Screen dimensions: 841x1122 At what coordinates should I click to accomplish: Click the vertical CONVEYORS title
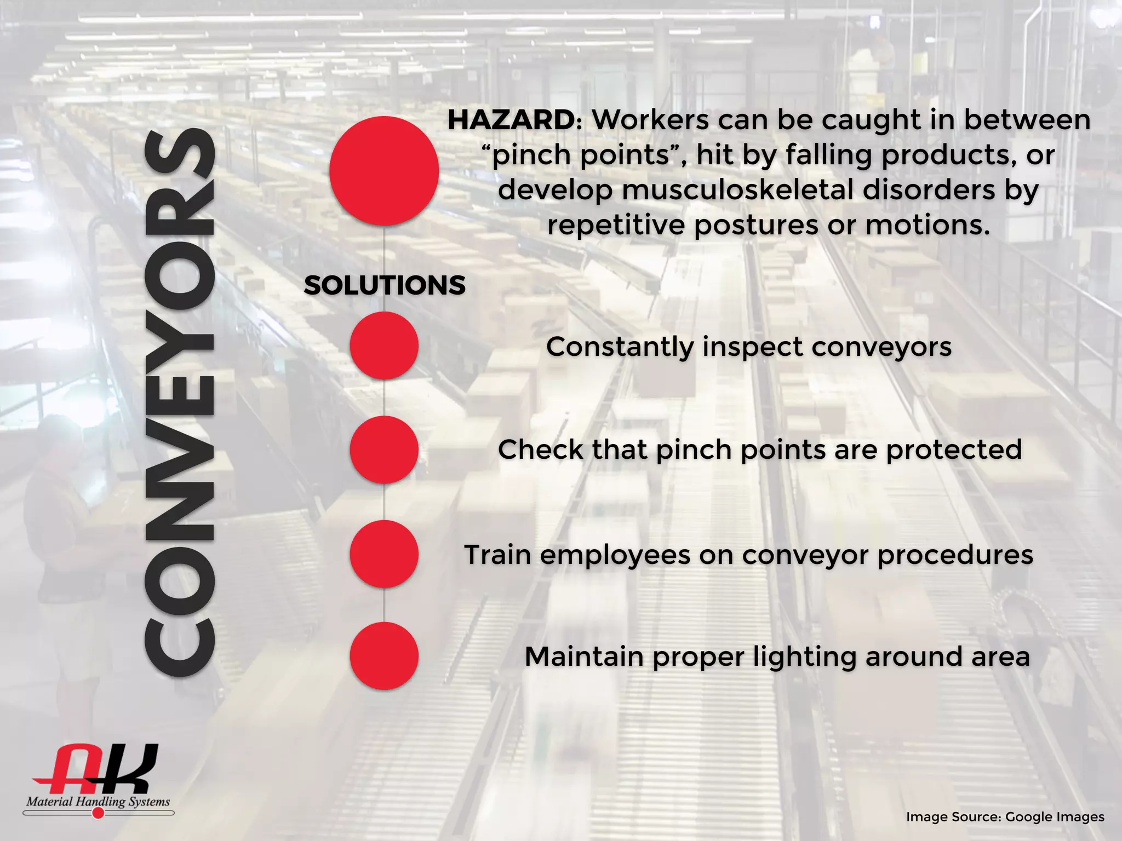pyautogui.click(x=179, y=402)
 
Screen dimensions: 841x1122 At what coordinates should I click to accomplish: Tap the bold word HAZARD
pyautogui.click(x=511, y=120)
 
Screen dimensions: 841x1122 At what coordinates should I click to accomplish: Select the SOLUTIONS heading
pyautogui.click(x=385, y=285)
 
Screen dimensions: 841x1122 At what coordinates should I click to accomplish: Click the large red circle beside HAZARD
pyautogui.click(x=384, y=171)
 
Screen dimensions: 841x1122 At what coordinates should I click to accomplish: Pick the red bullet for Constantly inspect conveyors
pyautogui.click(x=384, y=345)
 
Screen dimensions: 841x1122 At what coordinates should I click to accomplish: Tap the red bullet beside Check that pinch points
pyautogui.click(x=384, y=450)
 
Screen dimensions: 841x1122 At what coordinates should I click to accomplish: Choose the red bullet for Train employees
pyautogui.click(x=384, y=554)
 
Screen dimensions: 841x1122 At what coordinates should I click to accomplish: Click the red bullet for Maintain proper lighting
pyautogui.click(x=384, y=656)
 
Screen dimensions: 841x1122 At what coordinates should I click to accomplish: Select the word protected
pyautogui.click(x=954, y=450)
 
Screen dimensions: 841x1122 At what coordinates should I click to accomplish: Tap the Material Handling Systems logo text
pyautogui.click(x=98, y=802)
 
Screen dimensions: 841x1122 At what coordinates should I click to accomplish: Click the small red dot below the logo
pyautogui.click(x=99, y=814)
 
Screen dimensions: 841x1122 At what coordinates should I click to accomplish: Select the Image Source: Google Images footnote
pyautogui.click(x=1005, y=817)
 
